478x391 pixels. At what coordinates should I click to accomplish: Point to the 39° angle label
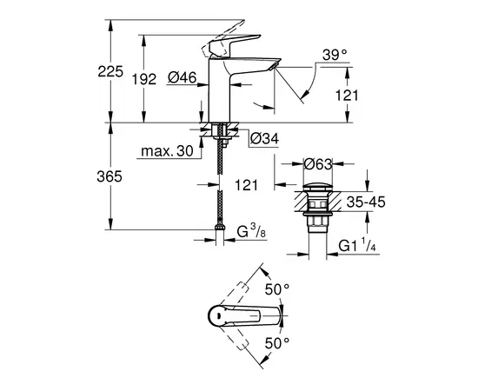point(334,54)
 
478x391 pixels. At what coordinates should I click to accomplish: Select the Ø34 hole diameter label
point(262,138)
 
